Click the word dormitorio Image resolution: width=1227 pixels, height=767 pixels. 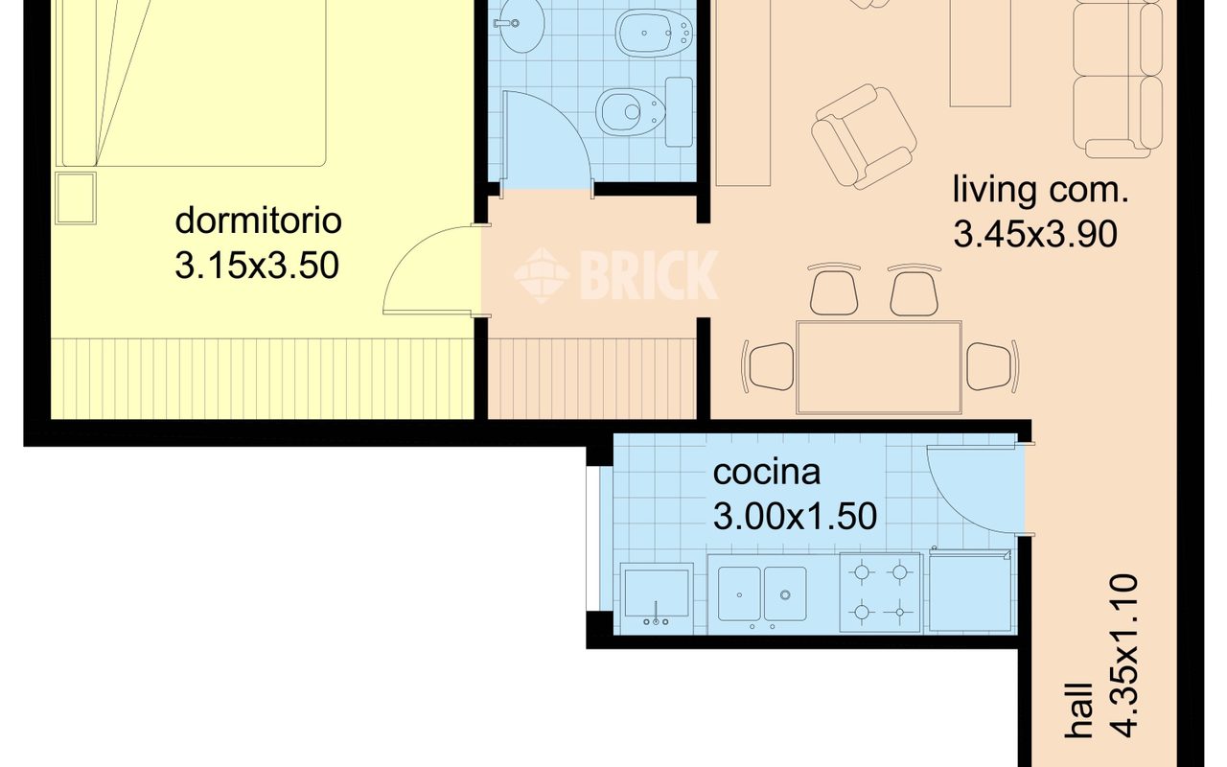coord(258,221)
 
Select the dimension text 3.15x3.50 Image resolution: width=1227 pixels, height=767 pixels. coord(257,266)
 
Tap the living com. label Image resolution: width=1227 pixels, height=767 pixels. coord(1041,190)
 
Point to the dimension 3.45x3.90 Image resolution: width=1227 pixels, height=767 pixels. coord(1035,235)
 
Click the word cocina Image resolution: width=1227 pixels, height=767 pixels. coord(767,473)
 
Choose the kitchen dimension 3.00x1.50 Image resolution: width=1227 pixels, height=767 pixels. coord(795,516)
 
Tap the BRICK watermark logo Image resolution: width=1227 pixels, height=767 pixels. coord(616,274)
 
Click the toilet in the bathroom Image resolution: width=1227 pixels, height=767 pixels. coord(644,112)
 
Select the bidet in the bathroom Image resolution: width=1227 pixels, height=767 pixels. coord(655,34)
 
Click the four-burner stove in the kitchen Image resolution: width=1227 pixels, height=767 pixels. coord(880,593)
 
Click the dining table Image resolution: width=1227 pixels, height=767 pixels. coord(879,367)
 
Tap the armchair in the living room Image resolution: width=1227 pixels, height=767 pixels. coord(864,137)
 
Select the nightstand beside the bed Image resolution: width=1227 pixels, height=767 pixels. coord(76,198)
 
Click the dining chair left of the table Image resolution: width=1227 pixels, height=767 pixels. coord(768,366)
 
